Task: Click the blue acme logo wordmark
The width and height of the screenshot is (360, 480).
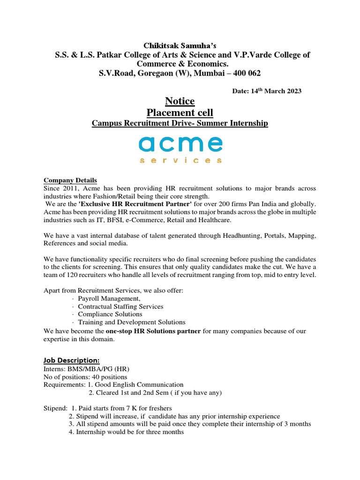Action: pyautogui.click(x=180, y=144)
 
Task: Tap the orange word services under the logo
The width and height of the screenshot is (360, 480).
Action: pyautogui.click(x=180, y=160)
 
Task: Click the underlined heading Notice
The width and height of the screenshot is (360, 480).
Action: pyautogui.click(x=180, y=101)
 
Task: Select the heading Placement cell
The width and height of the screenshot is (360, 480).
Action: pyautogui.click(x=180, y=112)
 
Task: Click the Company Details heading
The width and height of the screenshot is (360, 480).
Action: pyautogui.click(x=70, y=180)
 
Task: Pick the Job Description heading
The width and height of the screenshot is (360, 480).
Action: pyautogui.click(x=72, y=360)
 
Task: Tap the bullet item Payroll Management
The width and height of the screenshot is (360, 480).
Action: pyautogui.click(x=109, y=299)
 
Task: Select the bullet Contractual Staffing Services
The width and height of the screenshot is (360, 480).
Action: pyautogui.click(x=120, y=307)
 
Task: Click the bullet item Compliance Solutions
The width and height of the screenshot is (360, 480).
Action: pyautogui.click(x=110, y=314)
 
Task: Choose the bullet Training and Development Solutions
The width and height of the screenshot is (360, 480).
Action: pyautogui.click(x=131, y=322)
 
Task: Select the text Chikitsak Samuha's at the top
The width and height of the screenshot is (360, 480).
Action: pyautogui.click(x=180, y=45)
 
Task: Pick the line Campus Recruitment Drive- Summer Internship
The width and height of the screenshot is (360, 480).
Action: pyautogui.click(x=180, y=123)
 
